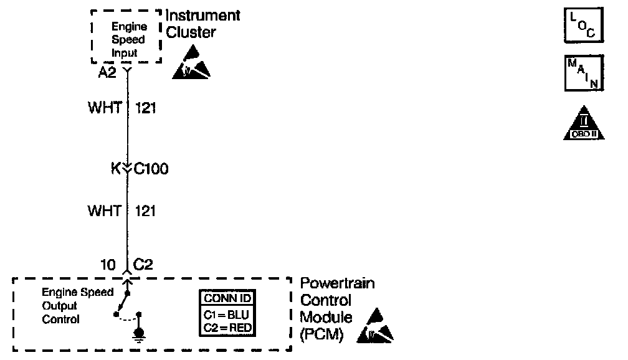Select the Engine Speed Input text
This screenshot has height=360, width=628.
(128, 40)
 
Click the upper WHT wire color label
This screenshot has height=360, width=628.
(104, 109)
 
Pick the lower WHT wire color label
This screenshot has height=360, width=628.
(104, 212)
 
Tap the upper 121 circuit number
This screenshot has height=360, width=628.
(145, 109)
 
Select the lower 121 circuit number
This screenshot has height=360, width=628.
(145, 212)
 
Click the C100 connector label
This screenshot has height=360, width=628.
(151, 169)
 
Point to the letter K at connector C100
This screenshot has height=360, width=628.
(115, 169)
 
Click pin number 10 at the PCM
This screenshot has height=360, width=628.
(108, 265)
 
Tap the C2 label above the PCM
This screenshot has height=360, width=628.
(143, 265)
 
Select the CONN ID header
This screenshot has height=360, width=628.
(228, 298)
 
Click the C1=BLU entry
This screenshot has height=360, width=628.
(228, 314)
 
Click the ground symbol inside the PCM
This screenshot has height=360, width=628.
(139, 337)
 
